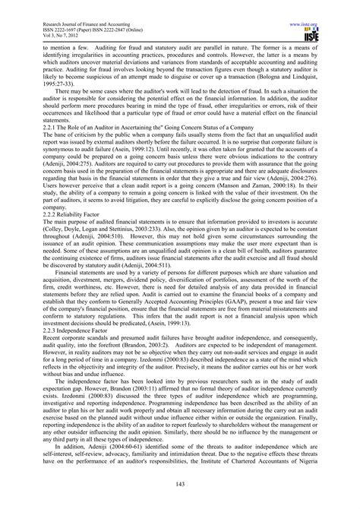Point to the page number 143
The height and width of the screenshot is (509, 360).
point(180,486)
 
